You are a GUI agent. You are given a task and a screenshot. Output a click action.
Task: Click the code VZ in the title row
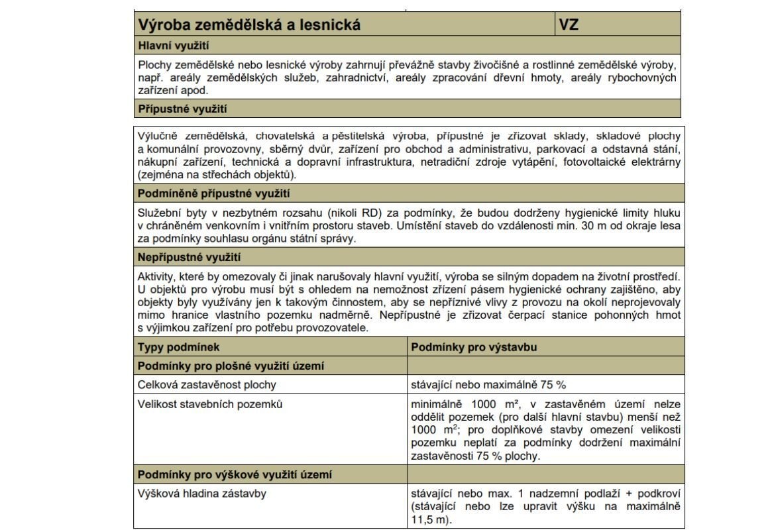click(569, 25)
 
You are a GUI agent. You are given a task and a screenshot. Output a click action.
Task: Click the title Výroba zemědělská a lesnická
click(249, 25)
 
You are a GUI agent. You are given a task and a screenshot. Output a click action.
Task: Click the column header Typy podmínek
click(178, 347)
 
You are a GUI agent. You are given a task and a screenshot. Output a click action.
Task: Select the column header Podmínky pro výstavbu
click(474, 347)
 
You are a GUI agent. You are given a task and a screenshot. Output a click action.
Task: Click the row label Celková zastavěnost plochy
click(207, 384)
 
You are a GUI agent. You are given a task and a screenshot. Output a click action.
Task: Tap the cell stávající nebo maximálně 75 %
click(488, 384)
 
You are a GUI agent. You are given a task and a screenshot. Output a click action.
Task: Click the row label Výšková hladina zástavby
click(202, 494)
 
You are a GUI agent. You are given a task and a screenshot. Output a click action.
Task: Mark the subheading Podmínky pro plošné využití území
click(231, 366)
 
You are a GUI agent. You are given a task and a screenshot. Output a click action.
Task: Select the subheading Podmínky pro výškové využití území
click(235, 474)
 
